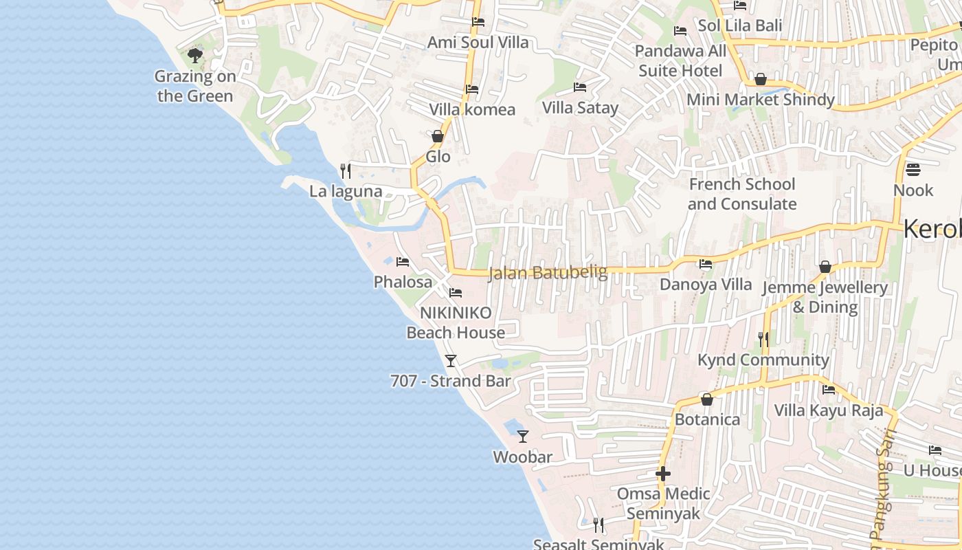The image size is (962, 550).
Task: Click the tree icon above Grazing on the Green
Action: (195, 55)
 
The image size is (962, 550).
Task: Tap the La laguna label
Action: (346, 191)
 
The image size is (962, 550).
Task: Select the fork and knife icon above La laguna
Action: (346, 170)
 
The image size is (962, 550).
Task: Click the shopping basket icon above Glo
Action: (437, 136)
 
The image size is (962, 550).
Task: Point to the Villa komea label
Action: (472, 109)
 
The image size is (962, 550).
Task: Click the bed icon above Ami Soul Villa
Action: (478, 22)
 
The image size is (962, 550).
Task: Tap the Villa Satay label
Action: (580, 107)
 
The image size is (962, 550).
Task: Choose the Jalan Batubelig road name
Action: (548, 273)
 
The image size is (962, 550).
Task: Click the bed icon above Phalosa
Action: (403, 261)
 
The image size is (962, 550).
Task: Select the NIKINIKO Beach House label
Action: (456, 322)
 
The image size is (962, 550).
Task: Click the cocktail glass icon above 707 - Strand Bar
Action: (451, 360)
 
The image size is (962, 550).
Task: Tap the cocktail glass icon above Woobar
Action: (523, 436)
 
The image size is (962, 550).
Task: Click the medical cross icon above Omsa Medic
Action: (663, 474)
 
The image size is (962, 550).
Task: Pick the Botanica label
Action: (707, 419)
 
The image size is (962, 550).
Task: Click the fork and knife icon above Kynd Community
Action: (763, 339)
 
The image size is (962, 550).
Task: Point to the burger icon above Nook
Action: (913, 169)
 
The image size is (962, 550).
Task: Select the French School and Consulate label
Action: (742, 194)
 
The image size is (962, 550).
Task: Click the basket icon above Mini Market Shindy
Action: (761, 79)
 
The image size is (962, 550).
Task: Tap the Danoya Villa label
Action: (706, 284)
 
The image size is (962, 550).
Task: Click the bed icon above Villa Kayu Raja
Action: (829, 390)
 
